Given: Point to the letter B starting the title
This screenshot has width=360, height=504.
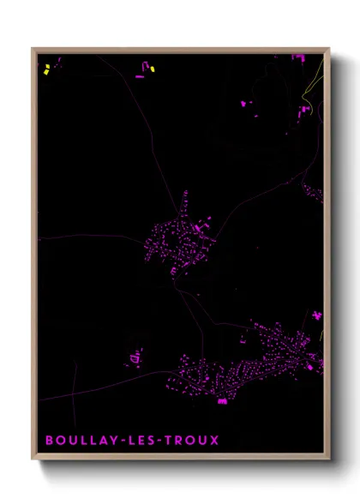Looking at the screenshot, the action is (50, 441).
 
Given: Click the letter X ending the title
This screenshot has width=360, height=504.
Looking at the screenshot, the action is (214, 441).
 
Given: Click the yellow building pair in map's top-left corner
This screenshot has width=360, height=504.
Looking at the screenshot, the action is (46, 71).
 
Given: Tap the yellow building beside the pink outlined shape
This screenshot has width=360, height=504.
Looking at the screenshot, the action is (152, 68).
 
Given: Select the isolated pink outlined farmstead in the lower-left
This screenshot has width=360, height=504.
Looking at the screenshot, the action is (135, 357).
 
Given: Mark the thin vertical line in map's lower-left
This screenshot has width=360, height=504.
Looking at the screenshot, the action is (75, 381).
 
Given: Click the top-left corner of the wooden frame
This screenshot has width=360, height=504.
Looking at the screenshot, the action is (33, 49).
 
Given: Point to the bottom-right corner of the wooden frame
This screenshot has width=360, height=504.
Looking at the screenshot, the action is (328, 460).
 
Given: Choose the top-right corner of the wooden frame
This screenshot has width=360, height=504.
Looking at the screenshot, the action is (328, 49).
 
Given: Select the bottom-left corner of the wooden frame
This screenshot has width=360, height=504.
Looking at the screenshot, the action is (33, 460).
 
